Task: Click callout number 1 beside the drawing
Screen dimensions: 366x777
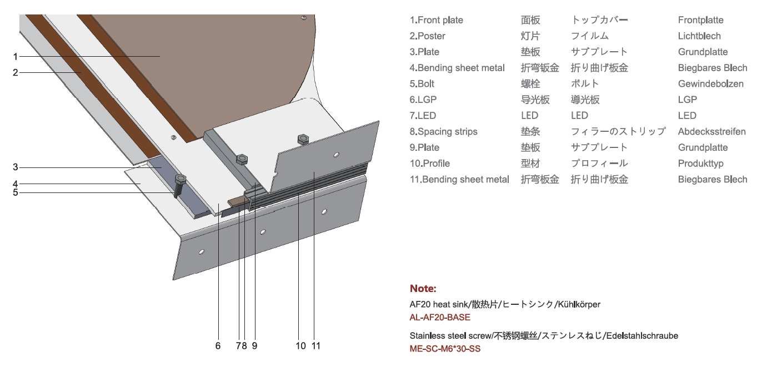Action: click(16, 56)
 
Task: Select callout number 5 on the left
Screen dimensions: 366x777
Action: click(16, 192)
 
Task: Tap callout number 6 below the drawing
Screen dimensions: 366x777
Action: click(218, 346)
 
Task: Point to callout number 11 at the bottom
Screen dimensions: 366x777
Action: click(316, 346)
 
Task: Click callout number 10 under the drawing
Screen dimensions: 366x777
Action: click(300, 346)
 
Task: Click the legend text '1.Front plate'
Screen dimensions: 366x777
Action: click(437, 20)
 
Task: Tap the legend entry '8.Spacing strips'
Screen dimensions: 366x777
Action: click(444, 132)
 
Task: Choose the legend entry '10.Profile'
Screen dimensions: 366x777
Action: click(430, 164)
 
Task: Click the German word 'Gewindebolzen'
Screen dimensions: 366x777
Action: click(710, 84)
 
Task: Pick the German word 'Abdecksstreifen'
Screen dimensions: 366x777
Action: click(711, 132)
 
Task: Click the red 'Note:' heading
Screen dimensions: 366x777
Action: click(423, 289)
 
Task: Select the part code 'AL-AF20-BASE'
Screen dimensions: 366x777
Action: click(440, 318)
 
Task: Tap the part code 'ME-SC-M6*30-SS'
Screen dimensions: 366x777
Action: click(445, 349)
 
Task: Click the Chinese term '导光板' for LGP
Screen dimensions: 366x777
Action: click(535, 100)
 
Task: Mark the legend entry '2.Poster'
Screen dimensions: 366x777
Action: click(428, 36)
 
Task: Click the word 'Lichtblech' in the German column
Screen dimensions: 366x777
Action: click(699, 36)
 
